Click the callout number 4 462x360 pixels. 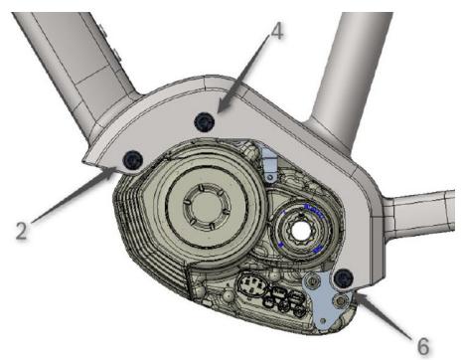tap(277, 32)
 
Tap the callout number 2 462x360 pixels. tap(21, 231)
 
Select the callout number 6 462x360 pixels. tap(422, 346)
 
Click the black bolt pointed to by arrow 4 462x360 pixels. tap(205, 121)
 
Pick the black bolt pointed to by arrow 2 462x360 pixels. tap(132, 160)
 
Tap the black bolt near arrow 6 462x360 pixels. tap(344, 278)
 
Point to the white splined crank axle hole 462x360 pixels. tap(301, 229)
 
